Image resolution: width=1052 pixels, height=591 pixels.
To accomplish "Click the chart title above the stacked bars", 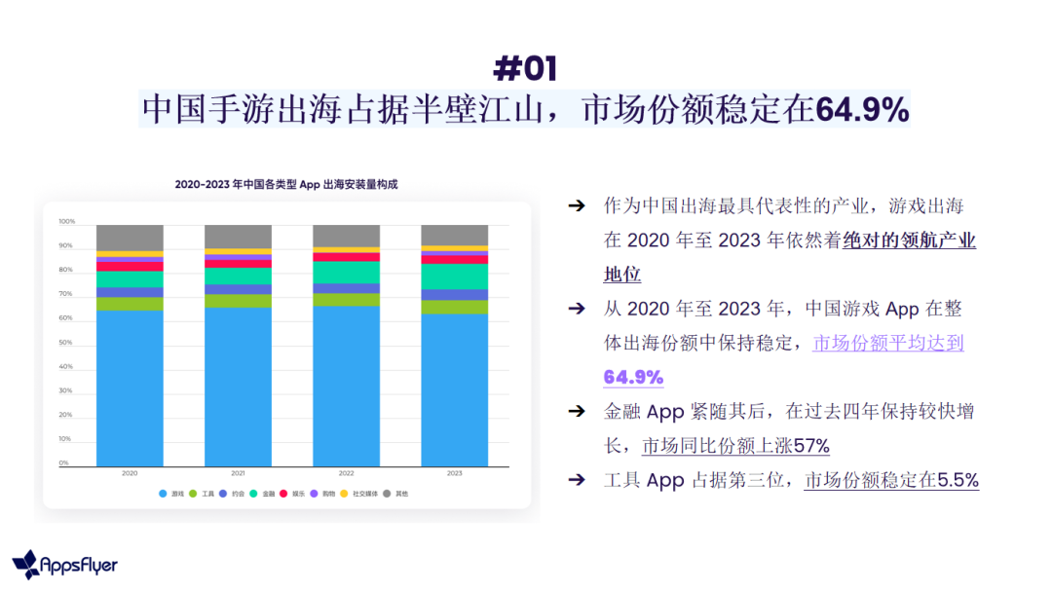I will [x=286, y=184].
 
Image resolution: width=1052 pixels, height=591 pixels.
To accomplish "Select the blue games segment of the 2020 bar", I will [x=130, y=389].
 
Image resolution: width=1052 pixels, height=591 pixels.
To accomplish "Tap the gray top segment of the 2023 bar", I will [x=454, y=235].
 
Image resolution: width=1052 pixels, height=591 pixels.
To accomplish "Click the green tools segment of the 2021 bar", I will [x=238, y=301].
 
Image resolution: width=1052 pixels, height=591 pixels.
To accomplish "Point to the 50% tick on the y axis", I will [x=66, y=343].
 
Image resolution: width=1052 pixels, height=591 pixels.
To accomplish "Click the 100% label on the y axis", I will [x=66, y=222].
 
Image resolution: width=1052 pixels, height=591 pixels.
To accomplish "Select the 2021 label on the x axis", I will [x=238, y=473].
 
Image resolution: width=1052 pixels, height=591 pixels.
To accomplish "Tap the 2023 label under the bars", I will [x=454, y=473].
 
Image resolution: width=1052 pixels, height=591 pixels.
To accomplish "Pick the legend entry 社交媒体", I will [x=365, y=494].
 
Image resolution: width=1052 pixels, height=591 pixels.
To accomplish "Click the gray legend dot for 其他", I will [x=388, y=494].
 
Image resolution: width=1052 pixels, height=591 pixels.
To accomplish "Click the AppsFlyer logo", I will [x=65, y=565].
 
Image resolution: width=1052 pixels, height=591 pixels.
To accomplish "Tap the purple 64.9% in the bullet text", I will [x=633, y=377].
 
